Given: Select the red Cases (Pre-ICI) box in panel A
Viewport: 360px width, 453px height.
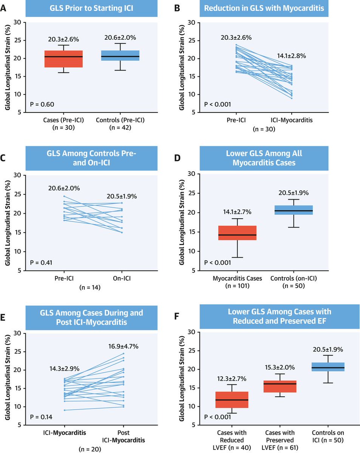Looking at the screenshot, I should tap(63, 59).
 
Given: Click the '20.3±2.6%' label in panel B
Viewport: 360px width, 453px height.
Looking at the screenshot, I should tap(236, 38).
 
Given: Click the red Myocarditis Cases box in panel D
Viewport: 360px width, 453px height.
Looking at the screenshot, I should tap(237, 233).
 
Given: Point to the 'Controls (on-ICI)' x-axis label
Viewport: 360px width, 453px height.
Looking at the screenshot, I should tap(294, 278).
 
